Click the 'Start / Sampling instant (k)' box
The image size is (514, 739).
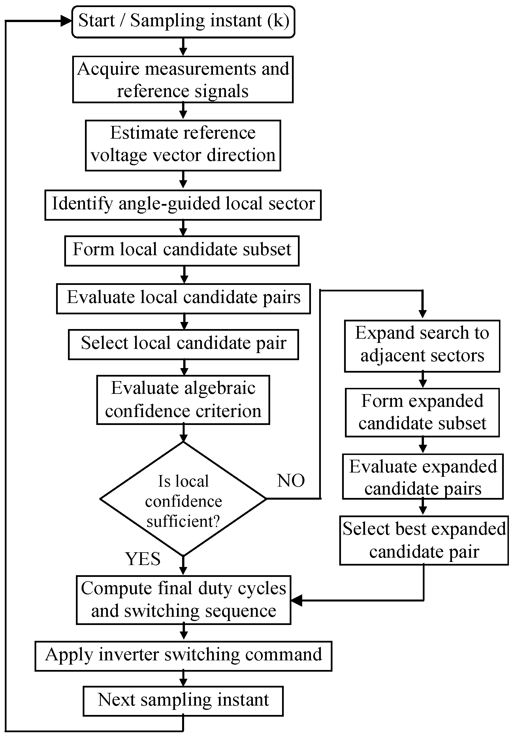pos(183,22)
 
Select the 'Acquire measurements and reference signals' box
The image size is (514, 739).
pos(183,80)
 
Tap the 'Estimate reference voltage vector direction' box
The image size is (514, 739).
pos(183,145)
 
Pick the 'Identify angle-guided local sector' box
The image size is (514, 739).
pos(183,205)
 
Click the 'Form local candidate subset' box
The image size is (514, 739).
pos(182,251)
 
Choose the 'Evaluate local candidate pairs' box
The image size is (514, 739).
pos(184,298)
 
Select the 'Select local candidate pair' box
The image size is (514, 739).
pos(184,344)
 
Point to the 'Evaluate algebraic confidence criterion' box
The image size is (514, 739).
pos(183,399)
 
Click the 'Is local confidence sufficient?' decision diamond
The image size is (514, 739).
pos(183,499)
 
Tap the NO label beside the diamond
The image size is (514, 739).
pos(291,481)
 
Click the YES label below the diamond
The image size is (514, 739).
pos(143,559)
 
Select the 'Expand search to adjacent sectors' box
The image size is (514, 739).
pos(422,346)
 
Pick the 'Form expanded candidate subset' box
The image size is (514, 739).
pos(422,413)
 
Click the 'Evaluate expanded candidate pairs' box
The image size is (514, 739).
pos(423,476)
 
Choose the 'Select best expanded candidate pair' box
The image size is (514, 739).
pos(424,540)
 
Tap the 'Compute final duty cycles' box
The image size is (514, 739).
pos(184,600)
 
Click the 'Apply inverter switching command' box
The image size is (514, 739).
pos(183,656)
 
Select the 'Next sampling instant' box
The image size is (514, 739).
pos(183,701)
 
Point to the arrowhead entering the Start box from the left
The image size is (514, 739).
pos(66,22)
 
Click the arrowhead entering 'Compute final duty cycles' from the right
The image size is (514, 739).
pos(297,600)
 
